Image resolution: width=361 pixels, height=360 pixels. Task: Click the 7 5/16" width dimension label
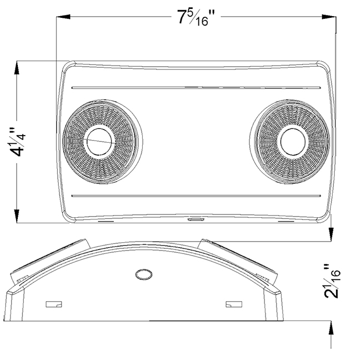(x=196, y=18)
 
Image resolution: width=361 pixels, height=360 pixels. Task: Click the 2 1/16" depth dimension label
(x=332, y=281)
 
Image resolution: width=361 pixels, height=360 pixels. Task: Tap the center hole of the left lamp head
(x=99, y=142)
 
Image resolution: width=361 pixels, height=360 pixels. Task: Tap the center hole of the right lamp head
(x=293, y=142)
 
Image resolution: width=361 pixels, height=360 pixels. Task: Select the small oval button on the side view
(x=144, y=274)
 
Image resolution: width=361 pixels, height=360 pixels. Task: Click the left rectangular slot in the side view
(x=54, y=304)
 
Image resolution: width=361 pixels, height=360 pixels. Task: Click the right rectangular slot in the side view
(x=234, y=304)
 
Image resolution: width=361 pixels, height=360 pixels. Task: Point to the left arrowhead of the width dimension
(x=63, y=17)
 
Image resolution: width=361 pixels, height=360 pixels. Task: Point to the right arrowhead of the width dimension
(x=329, y=17)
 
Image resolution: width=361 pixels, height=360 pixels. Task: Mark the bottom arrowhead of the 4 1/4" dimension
(x=17, y=216)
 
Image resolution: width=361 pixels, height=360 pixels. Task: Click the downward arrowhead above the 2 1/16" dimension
(x=331, y=234)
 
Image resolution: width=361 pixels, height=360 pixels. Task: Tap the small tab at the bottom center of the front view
(x=195, y=219)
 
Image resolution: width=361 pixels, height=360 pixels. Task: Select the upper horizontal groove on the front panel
(x=196, y=88)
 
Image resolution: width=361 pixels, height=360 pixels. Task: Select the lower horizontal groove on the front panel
(x=196, y=196)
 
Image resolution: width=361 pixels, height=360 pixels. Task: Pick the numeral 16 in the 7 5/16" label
(x=202, y=22)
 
